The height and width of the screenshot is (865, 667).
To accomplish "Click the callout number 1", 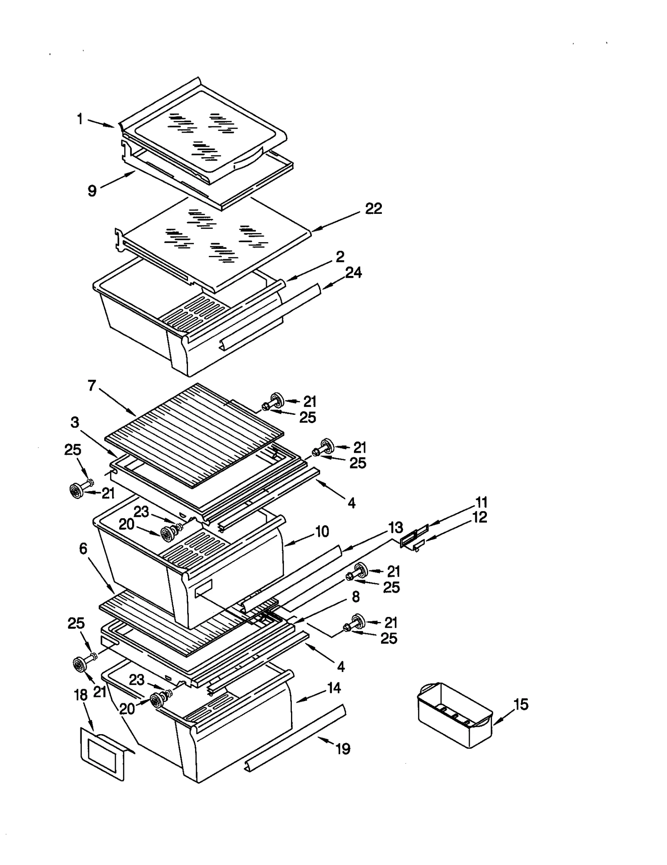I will pyautogui.click(x=80, y=119).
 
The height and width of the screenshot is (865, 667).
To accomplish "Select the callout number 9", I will pyautogui.click(x=92, y=191).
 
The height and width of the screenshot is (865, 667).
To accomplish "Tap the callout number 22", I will pyautogui.click(x=373, y=208).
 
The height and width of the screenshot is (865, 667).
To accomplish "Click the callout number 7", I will pyautogui.click(x=92, y=386).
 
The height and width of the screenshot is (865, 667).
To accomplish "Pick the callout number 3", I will pyautogui.click(x=75, y=422).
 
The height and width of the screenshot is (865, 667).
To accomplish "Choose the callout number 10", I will pyautogui.click(x=322, y=531).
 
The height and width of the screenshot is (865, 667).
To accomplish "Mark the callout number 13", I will pyautogui.click(x=396, y=527).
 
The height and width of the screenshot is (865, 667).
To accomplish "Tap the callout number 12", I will pyautogui.click(x=480, y=517).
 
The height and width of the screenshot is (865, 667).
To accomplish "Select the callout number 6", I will pyautogui.click(x=83, y=549).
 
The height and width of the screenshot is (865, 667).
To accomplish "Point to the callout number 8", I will pyautogui.click(x=356, y=597).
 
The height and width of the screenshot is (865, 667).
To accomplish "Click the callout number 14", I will pyautogui.click(x=334, y=687).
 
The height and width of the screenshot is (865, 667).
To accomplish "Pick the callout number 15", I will pyautogui.click(x=521, y=705).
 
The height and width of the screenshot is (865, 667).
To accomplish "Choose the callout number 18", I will pyautogui.click(x=81, y=695).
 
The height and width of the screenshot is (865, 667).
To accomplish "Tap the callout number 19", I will pyautogui.click(x=343, y=749).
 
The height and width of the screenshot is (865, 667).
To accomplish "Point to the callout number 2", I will pyautogui.click(x=340, y=257).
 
